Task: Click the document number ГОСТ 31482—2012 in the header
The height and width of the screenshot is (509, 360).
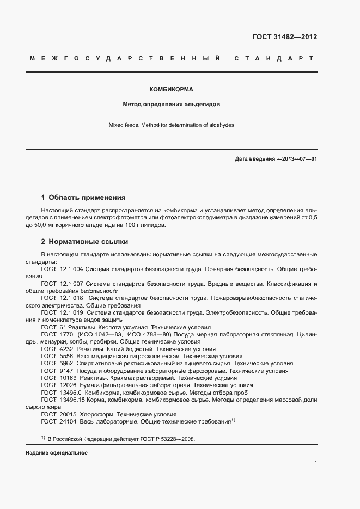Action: pyautogui.click(x=284, y=38)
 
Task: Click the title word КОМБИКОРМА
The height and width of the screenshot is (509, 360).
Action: pyautogui.click(x=172, y=89)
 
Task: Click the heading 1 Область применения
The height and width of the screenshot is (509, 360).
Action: pyautogui.click(x=83, y=198)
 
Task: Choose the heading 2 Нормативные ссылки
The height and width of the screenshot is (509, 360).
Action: pyautogui.click(x=84, y=241)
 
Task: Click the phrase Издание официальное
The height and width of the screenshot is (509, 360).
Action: pyautogui.click(x=56, y=453)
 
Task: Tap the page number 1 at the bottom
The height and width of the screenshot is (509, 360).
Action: pyautogui.click(x=316, y=463)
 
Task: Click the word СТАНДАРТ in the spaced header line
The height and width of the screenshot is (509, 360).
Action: pyautogui.click(x=273, y=58)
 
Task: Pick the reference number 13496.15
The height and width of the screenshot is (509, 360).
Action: pyautogui.click(x=70, y=400)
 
